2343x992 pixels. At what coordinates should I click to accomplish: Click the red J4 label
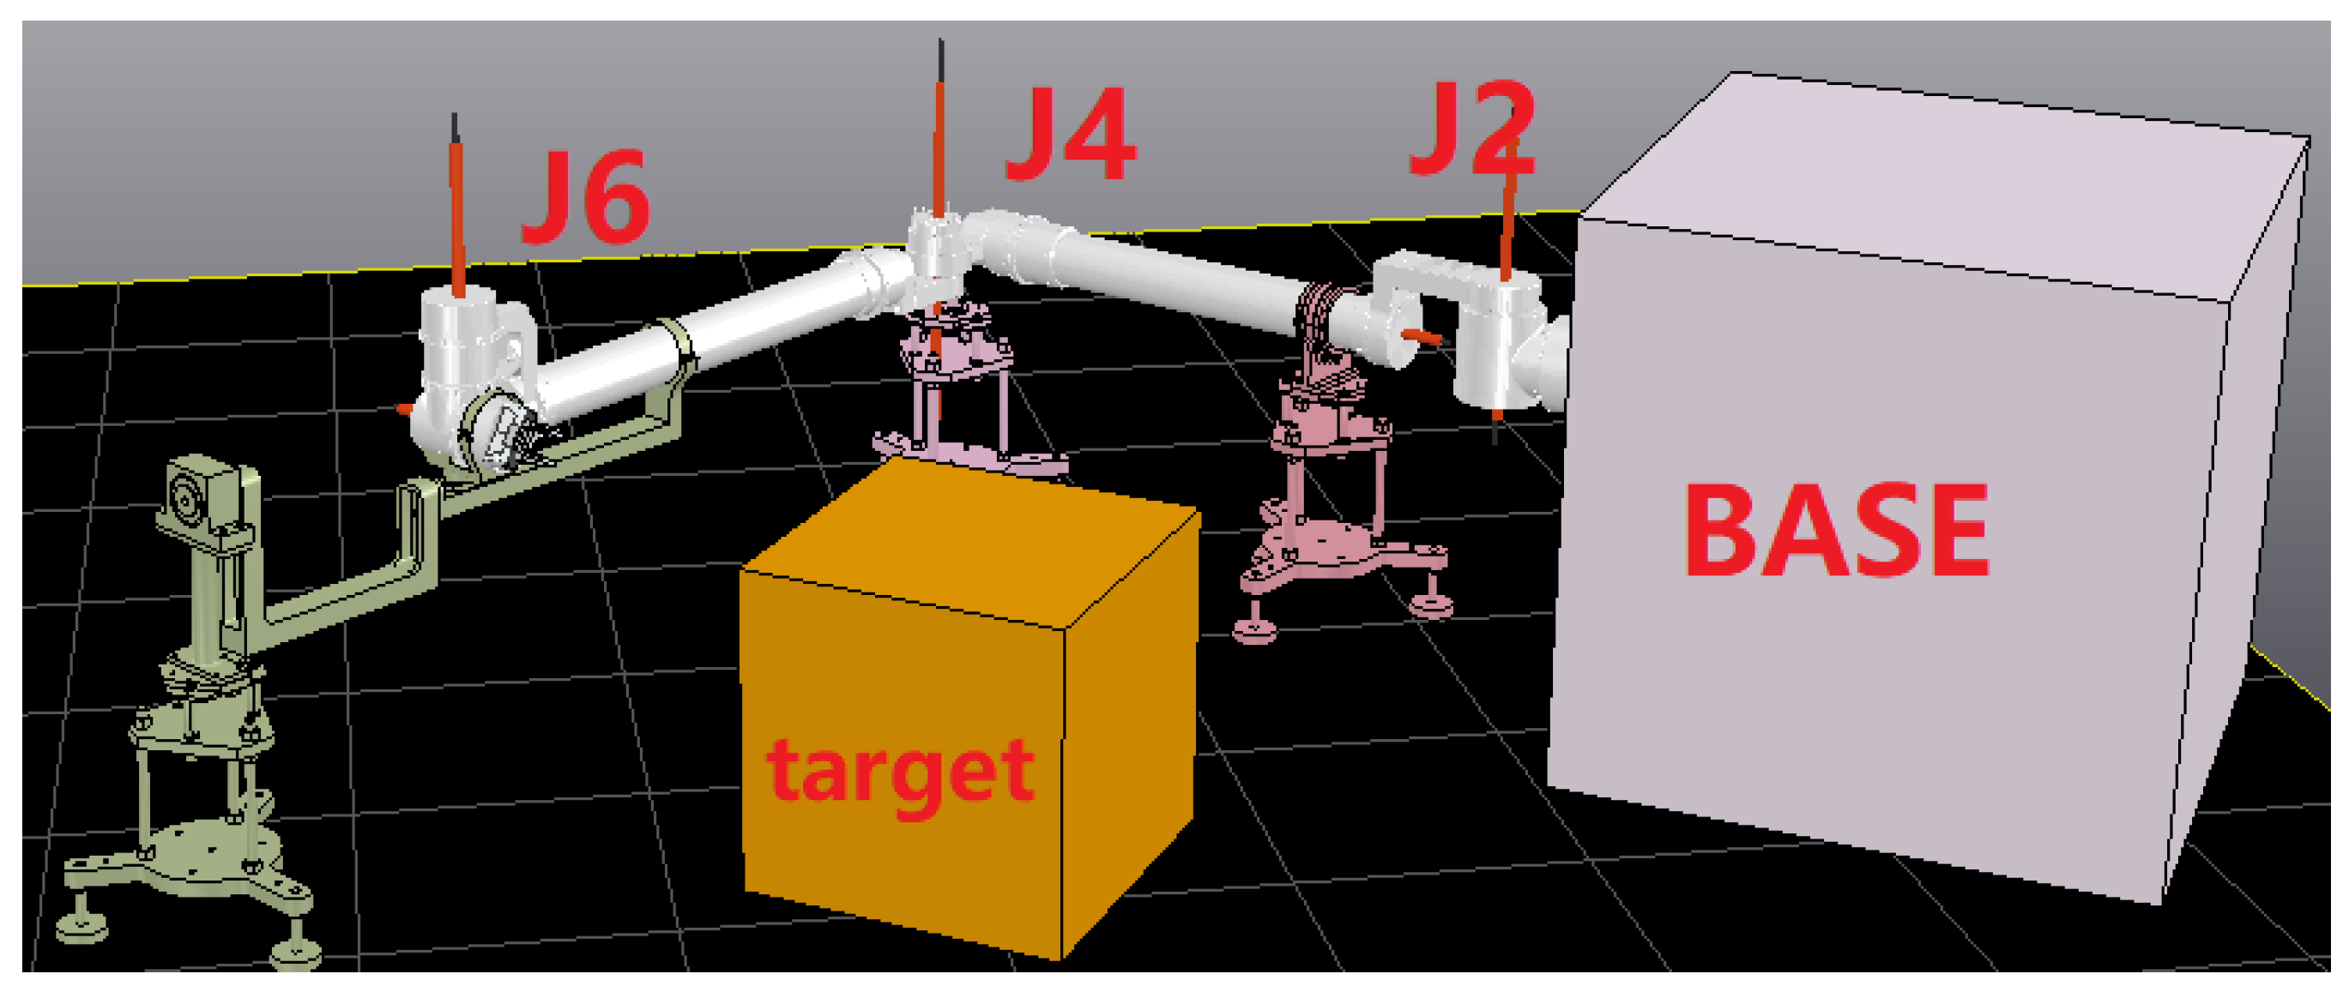click(1071, 135)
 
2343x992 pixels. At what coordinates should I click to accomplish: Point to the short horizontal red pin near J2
click(1422, 336)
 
